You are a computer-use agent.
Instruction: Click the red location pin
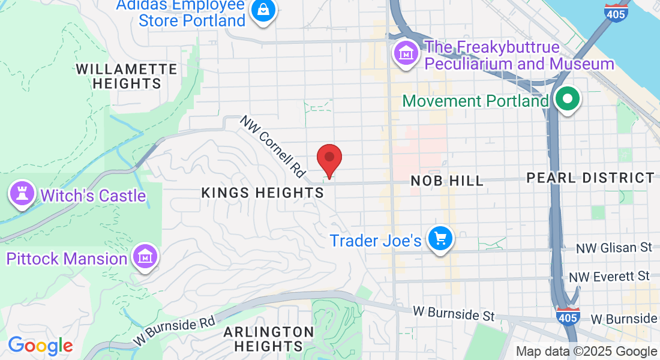click(x=329, y=158)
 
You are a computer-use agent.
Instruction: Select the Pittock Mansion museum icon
click(x=145, y=257)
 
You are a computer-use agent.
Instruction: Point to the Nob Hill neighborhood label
click(x=447, y=181)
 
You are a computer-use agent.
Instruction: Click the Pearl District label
click(x=590, y=178)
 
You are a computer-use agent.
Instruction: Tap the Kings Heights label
click(x=263, y=193)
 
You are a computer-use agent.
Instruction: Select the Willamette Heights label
click(x=127, y=76)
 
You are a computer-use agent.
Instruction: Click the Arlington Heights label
click(x=269, y=339)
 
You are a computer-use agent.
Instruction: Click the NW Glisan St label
click(x=613, y=248)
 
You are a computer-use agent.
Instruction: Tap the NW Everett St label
click(x=610, y=277)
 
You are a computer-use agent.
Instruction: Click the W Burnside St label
click(x=453, y=313)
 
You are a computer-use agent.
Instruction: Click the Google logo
click(x=40, y=346)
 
